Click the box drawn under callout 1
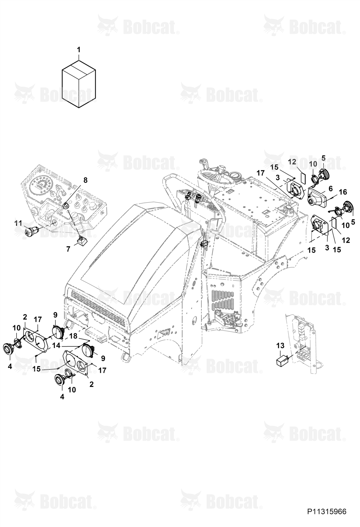(79, 84)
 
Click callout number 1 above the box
(79, 50)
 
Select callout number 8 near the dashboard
(85, 180)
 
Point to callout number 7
(68, 249)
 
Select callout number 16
(343, 192)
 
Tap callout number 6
(330, 188)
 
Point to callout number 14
(56, 345)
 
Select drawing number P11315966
(327, 511)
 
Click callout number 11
(18, 223)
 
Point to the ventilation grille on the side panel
(222, 299)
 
